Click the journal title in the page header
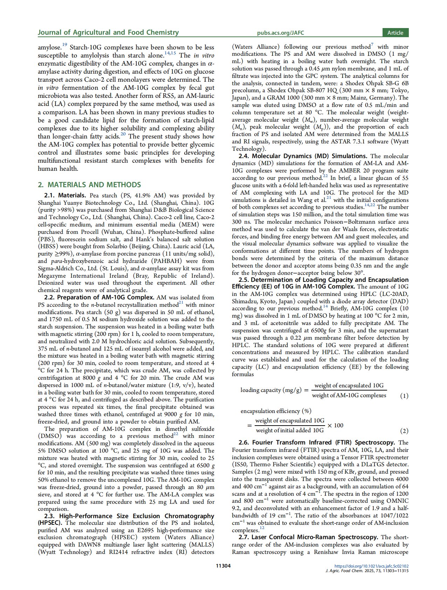108,33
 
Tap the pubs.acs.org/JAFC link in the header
280,33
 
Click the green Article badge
395,33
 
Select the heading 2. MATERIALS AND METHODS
89,185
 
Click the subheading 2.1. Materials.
65,196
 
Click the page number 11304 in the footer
223,565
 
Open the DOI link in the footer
371,566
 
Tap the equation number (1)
404,396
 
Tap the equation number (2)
404,431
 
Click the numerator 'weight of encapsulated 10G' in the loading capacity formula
349,386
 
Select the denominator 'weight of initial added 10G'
290,430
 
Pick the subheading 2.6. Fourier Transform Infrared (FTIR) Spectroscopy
317,442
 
